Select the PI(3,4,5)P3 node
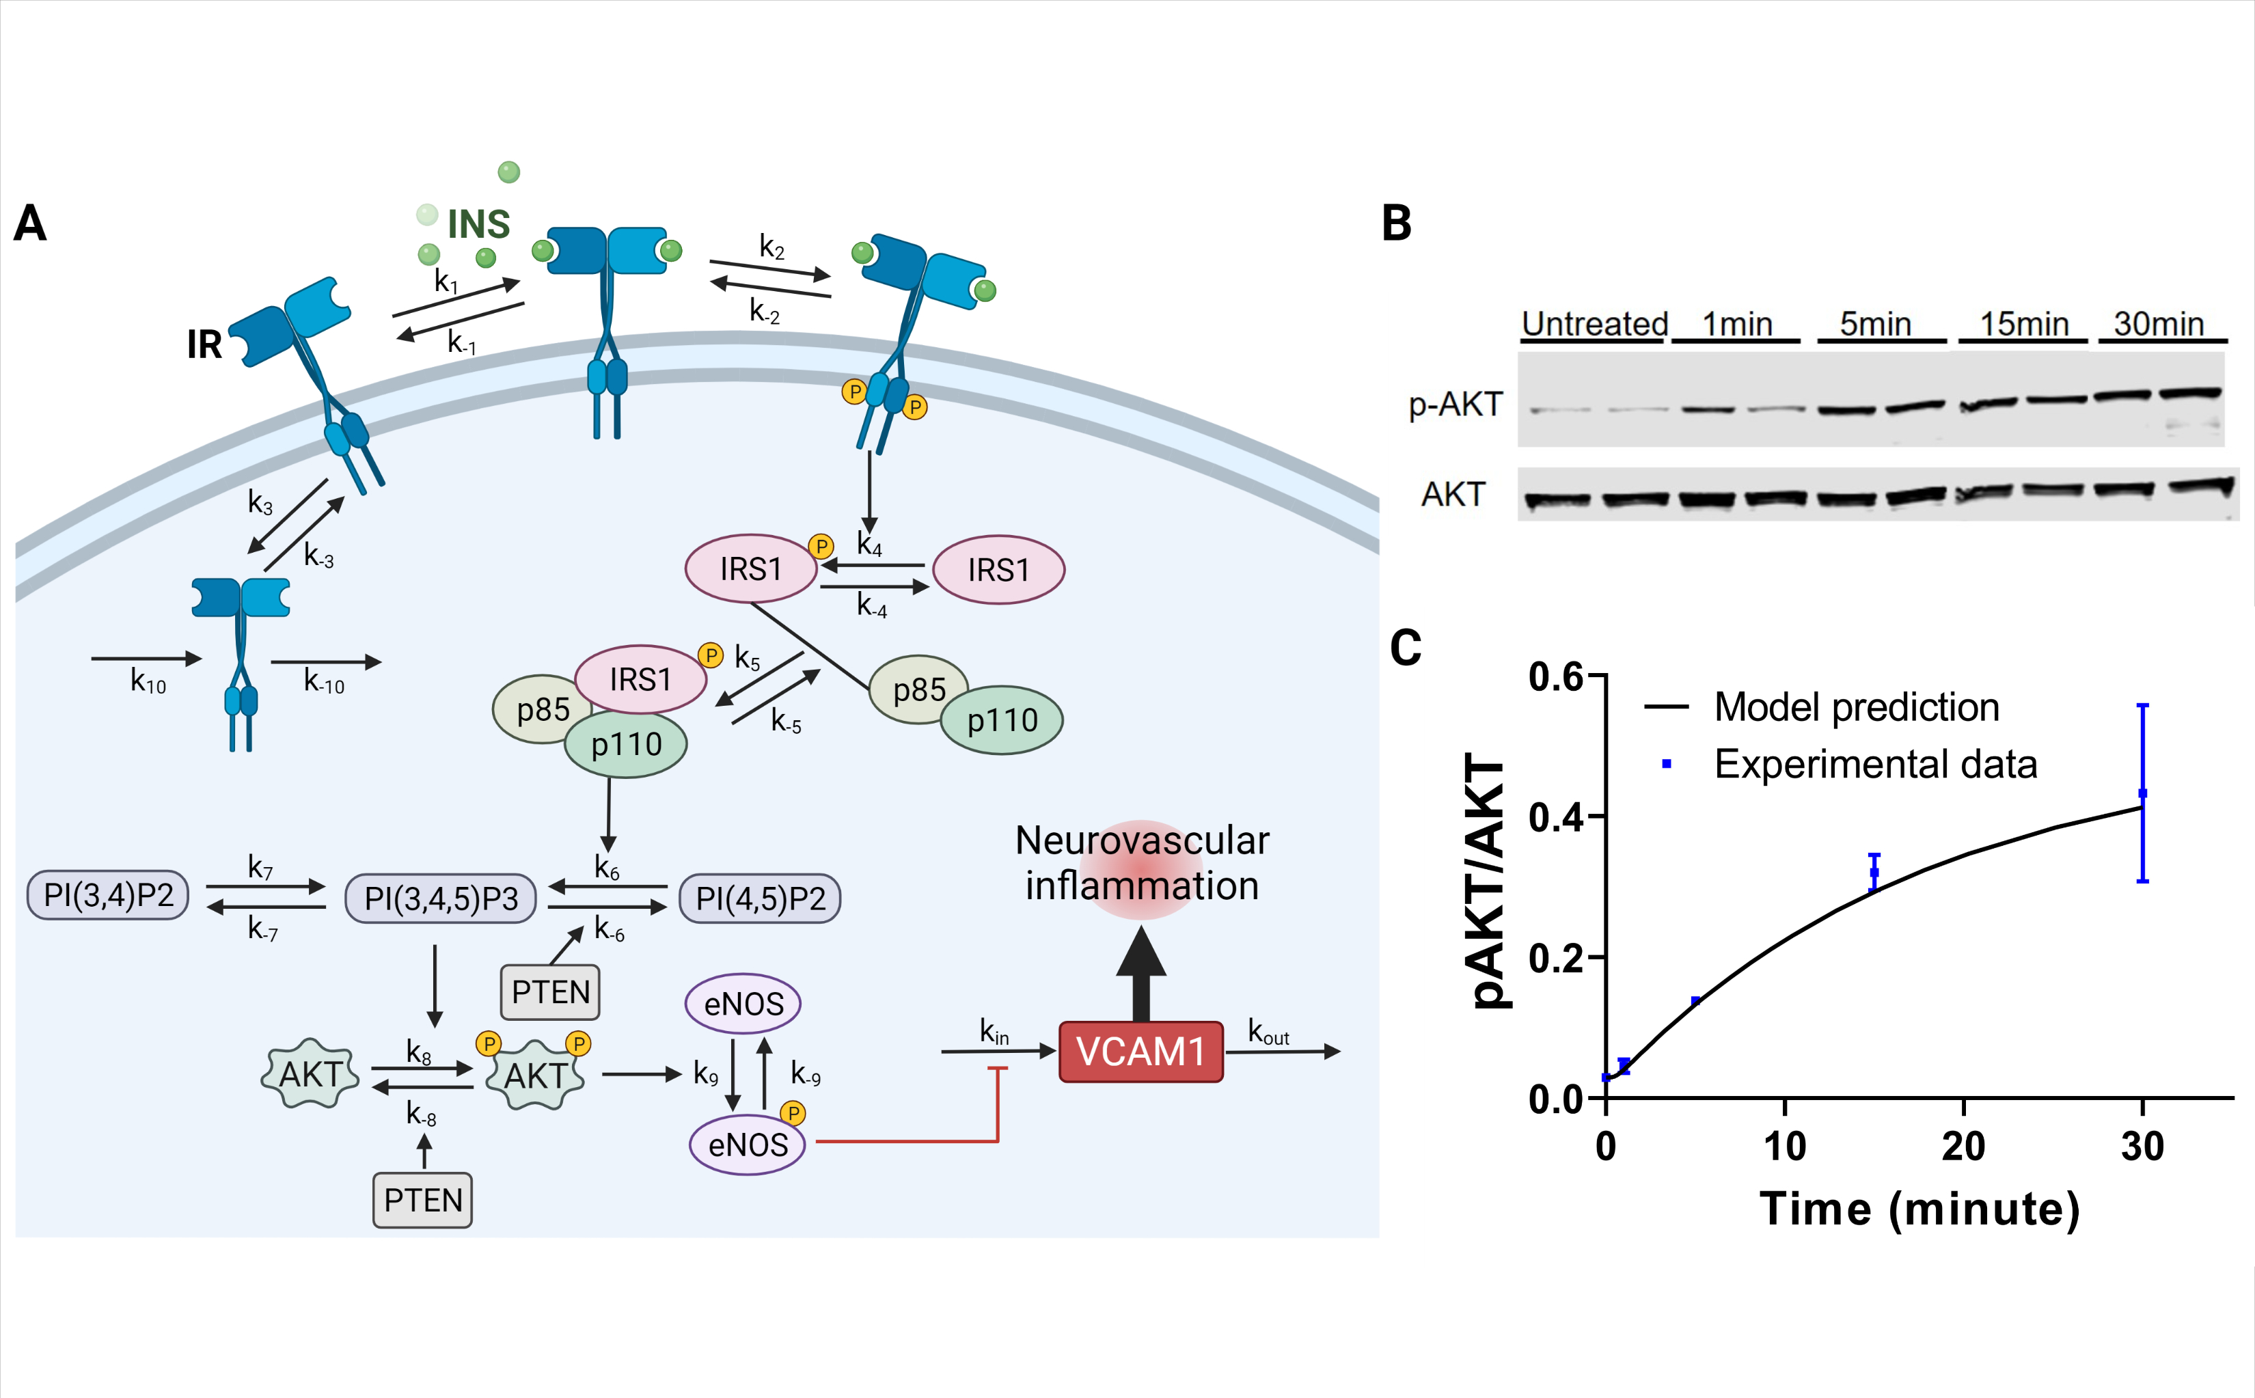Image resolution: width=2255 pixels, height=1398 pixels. pos(440,899)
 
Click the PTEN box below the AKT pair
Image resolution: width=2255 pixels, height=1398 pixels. pos(422,1200)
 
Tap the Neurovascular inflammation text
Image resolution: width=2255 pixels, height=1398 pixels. pos(1142,863)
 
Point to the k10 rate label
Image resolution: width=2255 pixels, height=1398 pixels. pos(148,683)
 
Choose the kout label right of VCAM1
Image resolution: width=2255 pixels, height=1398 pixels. pos(1268,1031)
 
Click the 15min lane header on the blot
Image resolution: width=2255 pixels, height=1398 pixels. pos(2024,325)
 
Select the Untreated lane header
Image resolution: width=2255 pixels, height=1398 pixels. pos(1594,325)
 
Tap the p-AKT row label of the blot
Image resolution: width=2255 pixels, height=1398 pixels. pos(1455,405)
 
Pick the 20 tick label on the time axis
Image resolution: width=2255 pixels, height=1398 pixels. pos(1963,1147)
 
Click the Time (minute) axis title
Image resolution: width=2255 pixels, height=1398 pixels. pos(1919,1209)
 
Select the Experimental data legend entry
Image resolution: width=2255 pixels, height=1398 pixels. pos(1874,765)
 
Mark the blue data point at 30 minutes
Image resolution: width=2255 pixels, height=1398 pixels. pos(2142,793)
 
